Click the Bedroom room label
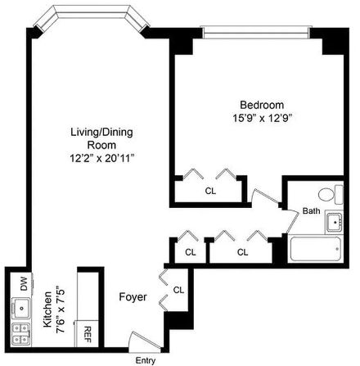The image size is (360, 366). (261, 105)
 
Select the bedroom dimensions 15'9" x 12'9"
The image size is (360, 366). (261, 118)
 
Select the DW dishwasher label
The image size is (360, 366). (24, 283)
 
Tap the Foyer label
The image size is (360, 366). (133, 297)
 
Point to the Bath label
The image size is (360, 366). (311, 210)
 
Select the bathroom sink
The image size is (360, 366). (334, 222)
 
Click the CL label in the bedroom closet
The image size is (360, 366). (210, 191)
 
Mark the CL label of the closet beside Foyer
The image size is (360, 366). (178, 290)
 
